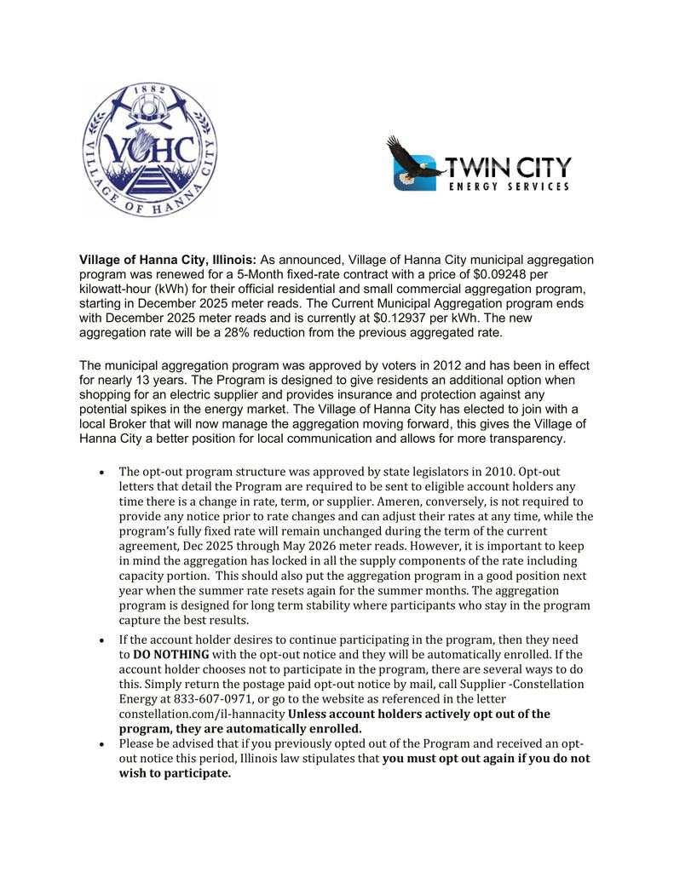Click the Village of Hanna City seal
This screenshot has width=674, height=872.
pos(149,150)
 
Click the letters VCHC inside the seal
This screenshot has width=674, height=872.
pos(150,148)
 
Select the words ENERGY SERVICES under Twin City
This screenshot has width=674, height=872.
pos(509,186)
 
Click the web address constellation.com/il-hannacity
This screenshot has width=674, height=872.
pos(201,714)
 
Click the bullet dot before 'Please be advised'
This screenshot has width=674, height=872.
pos(101,743)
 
